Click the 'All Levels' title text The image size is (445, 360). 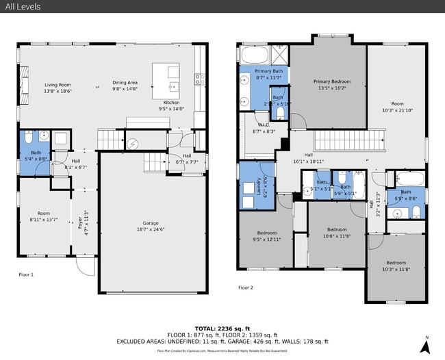click(x=21, y=7)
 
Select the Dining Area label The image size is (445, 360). click(x=125, y=83)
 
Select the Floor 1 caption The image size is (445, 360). click(x=26, y=274)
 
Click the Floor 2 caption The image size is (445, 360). click(x=245, y=287)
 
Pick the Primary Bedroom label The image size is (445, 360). click(x=326, y=81)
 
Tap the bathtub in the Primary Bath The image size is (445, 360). click(x=255, y=54)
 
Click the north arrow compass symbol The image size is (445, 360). click(x=425, y=346)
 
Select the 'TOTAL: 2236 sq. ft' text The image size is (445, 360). click(x=222, y=328)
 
